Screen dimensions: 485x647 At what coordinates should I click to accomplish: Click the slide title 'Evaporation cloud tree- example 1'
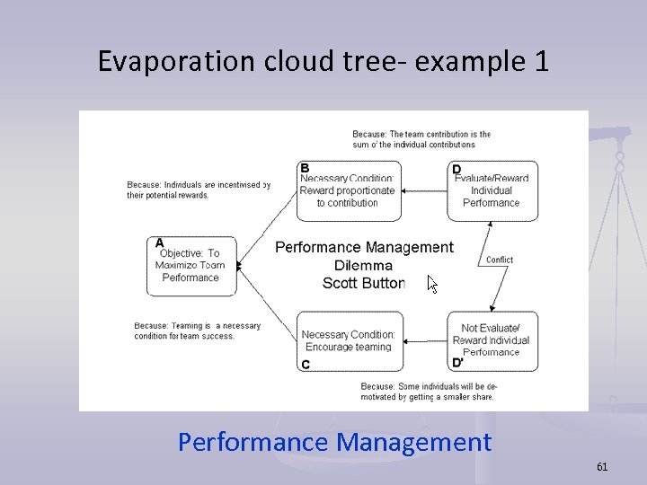[323, 61]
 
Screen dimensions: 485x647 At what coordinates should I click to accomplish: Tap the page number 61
[602, 466]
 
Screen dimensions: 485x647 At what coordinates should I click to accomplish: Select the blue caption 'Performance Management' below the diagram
[334, 442]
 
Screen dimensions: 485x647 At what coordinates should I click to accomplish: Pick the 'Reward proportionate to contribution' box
[347, 190]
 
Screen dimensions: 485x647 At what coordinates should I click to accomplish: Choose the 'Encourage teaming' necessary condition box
[348, 340]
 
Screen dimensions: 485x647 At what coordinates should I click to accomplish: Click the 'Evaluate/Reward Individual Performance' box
[492, 190]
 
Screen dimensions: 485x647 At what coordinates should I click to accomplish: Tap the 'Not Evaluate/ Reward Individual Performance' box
[492, 340]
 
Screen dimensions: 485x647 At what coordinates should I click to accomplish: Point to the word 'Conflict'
[499, 260]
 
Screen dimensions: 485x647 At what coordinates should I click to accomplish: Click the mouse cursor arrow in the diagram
[432, 285]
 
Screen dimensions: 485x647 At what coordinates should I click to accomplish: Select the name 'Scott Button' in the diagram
[363, 283]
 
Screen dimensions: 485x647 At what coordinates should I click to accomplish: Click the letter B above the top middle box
[305, 168]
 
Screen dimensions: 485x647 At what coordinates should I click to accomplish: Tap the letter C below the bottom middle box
[306, 365]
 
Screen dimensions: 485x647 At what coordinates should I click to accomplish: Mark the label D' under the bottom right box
[457, 363]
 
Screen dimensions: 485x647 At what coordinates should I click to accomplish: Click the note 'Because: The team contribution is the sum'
[421, 139]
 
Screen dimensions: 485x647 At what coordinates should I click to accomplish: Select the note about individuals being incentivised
[198, 190]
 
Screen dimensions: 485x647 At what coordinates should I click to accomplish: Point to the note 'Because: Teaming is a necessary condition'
[197, 331]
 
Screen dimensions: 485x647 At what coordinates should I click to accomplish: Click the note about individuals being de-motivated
[429, 392]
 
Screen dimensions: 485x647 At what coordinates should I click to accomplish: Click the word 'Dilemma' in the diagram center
[363, 265]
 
